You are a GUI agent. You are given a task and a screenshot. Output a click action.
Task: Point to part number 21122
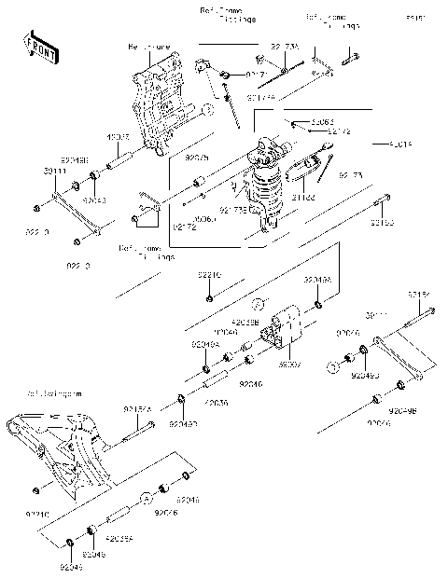tap(303, 198)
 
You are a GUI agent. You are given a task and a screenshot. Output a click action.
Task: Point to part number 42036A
tap(119, 538)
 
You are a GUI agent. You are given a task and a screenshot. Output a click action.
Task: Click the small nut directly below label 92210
tap(209, 297)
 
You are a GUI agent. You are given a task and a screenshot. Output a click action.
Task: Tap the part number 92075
tap(198, 158)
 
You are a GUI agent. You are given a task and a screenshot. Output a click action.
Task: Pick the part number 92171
tap(258, 72)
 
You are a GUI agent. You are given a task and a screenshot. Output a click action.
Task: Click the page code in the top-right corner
tap(411, 17)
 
